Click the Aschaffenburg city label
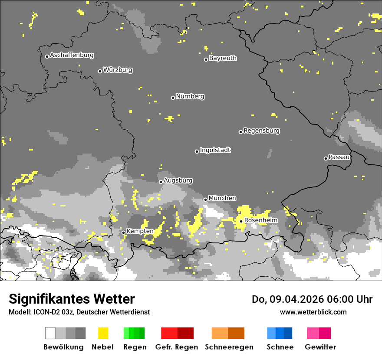(x=72, y=56)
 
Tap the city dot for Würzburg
(x=100, y=71)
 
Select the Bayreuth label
(x=223, y=58)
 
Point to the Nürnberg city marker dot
(x=173, y=98)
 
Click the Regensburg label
(x=261, y=131)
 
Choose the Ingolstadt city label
(x=215, y=150)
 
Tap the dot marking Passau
(x=326, y=158)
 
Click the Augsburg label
(x=178, y=180)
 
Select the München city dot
(x=206, y=200)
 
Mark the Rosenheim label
(x=260, y=220)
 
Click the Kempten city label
(x=140, y=231)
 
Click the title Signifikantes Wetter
(x=72, y=299)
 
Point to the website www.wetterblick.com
(x=313, y=312)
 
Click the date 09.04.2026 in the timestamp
(x=294, y=299)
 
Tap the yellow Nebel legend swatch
(x=103, y=333)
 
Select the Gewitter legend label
(x=320, y=347)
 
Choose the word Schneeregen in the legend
(x=229, y=347)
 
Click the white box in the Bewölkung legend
(x=50, y=333)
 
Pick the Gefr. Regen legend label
(x=176, y=347)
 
